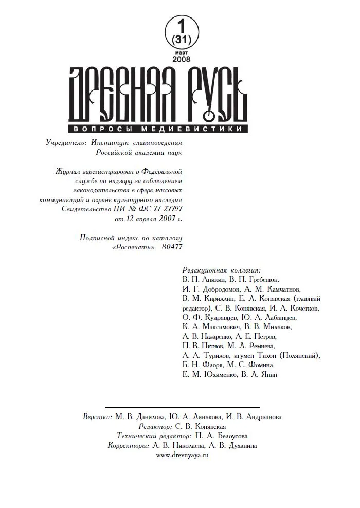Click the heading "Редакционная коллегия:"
[x=222, y=269]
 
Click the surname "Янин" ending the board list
[x=267, y=375]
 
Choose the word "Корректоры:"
[x=129, y=446]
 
